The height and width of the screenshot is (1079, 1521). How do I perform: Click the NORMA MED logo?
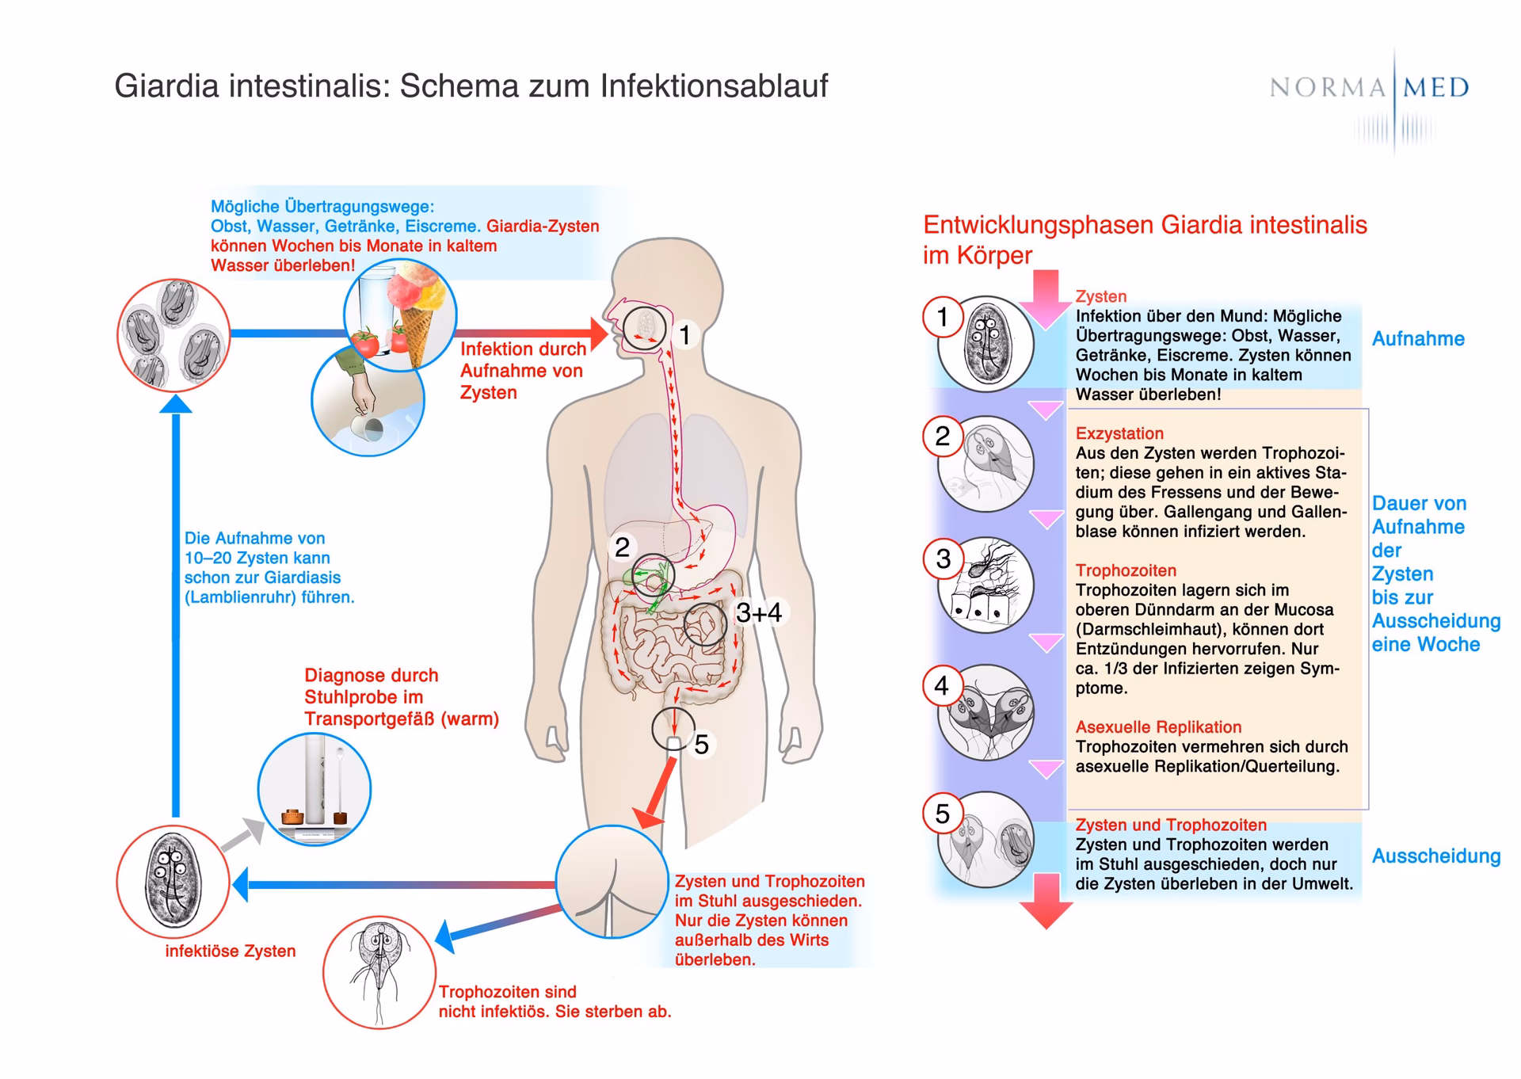click(x=1369, y=87)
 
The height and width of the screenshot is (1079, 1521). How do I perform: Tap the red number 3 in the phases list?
click(x=943, y=559)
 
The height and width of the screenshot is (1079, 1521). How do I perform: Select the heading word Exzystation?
click(x=1119, y=433)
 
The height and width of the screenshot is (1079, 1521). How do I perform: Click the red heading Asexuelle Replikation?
click(x=1158, y=727)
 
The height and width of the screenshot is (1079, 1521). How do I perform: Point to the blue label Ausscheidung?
click(x=1435, y=856)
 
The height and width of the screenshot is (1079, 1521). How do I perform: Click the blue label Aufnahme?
click(x=1418, y=339)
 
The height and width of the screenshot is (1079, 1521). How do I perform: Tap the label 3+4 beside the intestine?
click(x=758, y=612)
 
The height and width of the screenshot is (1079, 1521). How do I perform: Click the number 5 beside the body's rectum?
click(x=701, y=745)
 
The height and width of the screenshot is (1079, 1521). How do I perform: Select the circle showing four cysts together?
click(x=173, y=335)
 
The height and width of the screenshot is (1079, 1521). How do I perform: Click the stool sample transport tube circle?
click(x=314, y=789)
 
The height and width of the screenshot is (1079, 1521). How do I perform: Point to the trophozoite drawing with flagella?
click(x=379, y=972)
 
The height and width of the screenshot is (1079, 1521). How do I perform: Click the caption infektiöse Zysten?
click(x=230, y=951)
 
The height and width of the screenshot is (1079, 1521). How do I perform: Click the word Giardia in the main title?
click(x=166, y=86)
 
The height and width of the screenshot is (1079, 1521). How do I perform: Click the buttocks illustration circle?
click(x=612, y=882)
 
